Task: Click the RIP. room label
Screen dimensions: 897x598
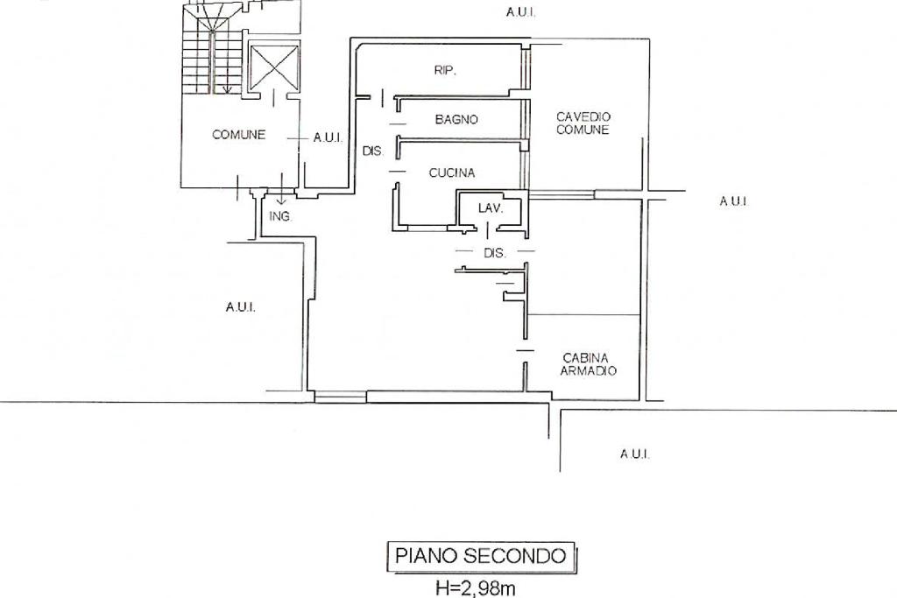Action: coord(445,71)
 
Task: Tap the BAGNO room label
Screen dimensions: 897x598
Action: coord(456,120)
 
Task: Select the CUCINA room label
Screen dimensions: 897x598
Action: coord(452,173)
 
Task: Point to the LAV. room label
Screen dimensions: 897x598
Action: coord(490,208)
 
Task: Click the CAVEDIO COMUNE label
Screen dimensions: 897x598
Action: coord(583,123)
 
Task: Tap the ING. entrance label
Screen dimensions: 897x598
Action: coord(280,216)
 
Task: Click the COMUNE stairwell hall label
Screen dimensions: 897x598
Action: coord(238,135)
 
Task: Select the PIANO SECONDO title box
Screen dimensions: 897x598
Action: coord(481,555)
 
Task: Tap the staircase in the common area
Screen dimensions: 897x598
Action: coord(210,53)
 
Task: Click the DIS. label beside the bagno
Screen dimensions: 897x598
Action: coord(373,151)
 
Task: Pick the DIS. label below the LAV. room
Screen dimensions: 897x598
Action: coord(495,253)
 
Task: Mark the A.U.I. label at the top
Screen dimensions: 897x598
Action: coord(520,12)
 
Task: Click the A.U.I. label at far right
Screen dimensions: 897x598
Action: coord(733,201)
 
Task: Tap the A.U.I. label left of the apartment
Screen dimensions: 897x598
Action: coord(240,307)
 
